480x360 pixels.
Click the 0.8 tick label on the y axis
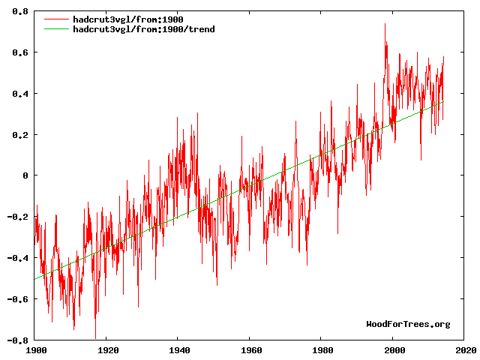(x=20, y=12)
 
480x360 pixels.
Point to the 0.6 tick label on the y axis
(x=20, y=53)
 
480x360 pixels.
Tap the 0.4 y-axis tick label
(x=20, y=94)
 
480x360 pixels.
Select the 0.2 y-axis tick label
(x=20, y=135)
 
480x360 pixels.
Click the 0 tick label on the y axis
(x=25, y=175)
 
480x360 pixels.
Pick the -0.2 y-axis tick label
(x=18, y=217)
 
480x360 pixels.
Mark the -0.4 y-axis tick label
(x=18, y=258)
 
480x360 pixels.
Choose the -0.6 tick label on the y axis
(x=18, y=298)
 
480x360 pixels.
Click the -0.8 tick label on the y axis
(x=18, y=340)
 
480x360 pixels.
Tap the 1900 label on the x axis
(x=36, y=349)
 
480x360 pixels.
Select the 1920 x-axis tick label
(x=107, y=349)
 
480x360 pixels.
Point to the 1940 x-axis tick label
(x=179, y=349)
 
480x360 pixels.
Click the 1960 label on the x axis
(x=250, y=349)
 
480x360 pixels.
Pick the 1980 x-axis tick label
(x=322, y=349)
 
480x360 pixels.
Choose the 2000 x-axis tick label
(x=394, y=349)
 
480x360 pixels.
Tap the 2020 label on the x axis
(x=465, y=349)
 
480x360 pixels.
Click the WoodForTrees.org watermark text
(x=408, y=324)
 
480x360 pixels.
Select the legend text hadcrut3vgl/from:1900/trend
(x=143, y=28)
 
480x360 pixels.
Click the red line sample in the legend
(x=55, y=19)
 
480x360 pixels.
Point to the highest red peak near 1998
(x=385, y=24)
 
